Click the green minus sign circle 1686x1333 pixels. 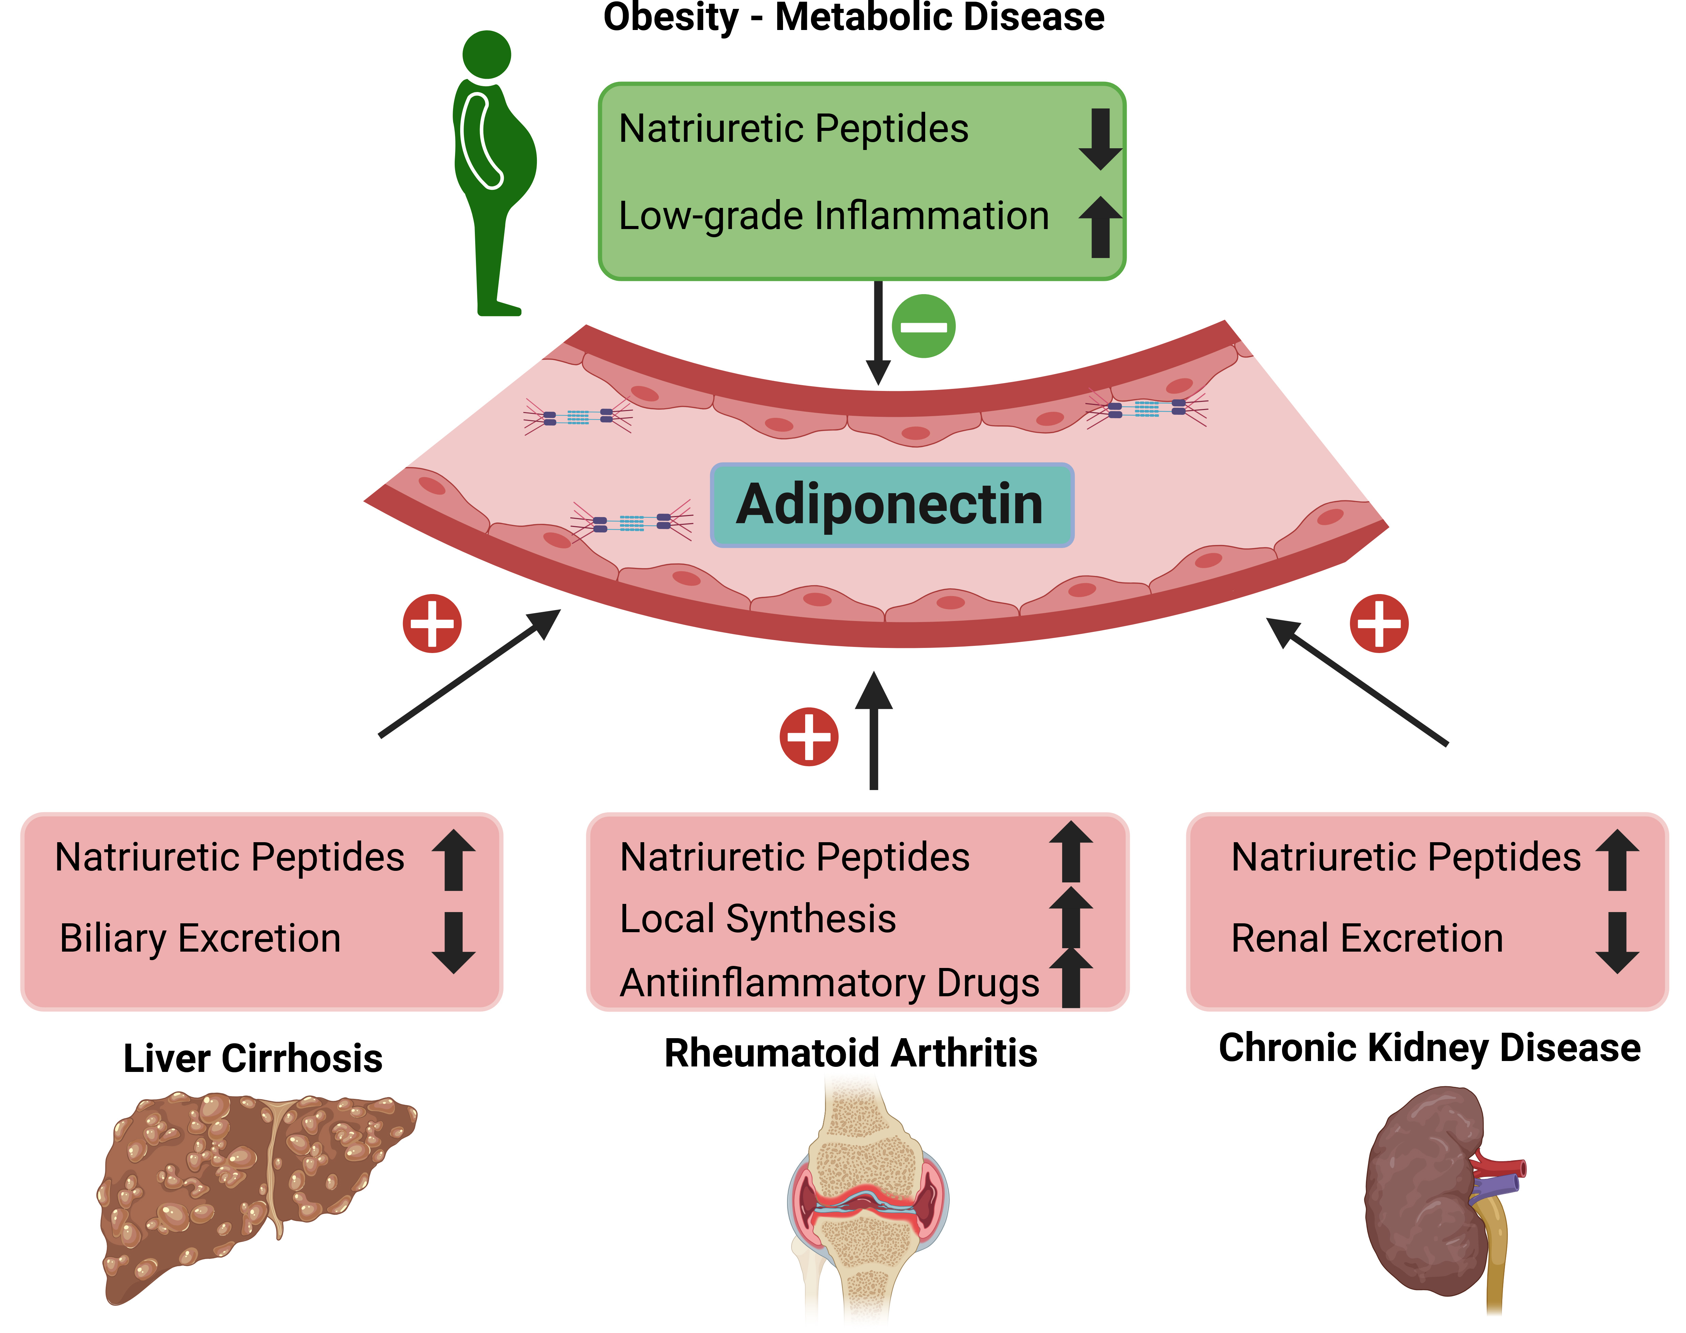point(923,326)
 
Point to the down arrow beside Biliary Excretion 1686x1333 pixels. point(453,942)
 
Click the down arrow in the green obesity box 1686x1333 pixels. point(1101,139)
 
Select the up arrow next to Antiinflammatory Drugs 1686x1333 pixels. point(1071,978)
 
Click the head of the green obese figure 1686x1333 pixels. point(486,55)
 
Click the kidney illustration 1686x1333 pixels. point(1428,1194)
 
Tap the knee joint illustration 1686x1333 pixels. point(867,1194)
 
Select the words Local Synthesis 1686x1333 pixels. point(757,919)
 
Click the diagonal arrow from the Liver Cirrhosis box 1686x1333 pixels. point(468,673)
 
